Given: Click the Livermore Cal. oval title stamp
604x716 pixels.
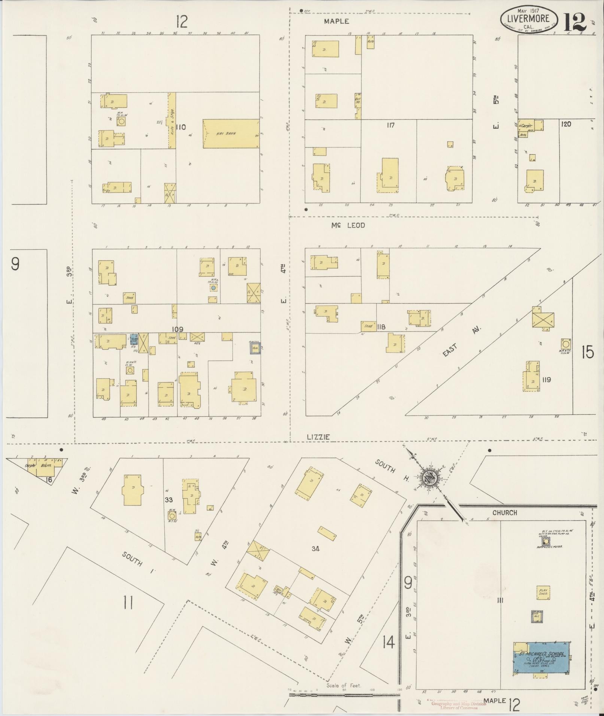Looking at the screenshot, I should point(528,19).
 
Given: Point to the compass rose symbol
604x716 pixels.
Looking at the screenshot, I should point(430,478).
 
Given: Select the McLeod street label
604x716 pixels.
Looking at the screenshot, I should point(347,225).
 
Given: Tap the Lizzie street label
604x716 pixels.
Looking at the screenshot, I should point(318,437).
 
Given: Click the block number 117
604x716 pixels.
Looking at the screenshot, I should point(390,125).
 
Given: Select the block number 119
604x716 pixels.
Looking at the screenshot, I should point(546,380).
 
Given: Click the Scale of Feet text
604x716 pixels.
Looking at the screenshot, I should point(343,685).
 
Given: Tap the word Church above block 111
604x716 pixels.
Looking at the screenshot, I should point(504,513).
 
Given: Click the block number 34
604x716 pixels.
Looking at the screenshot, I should point(315,549).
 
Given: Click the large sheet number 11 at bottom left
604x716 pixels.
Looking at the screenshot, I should point(128,603).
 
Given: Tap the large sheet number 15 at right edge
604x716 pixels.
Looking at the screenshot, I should point(587,352).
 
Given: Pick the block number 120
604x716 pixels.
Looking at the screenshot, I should point(566,124).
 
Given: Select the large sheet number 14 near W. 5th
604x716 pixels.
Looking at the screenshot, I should point(389,642).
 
